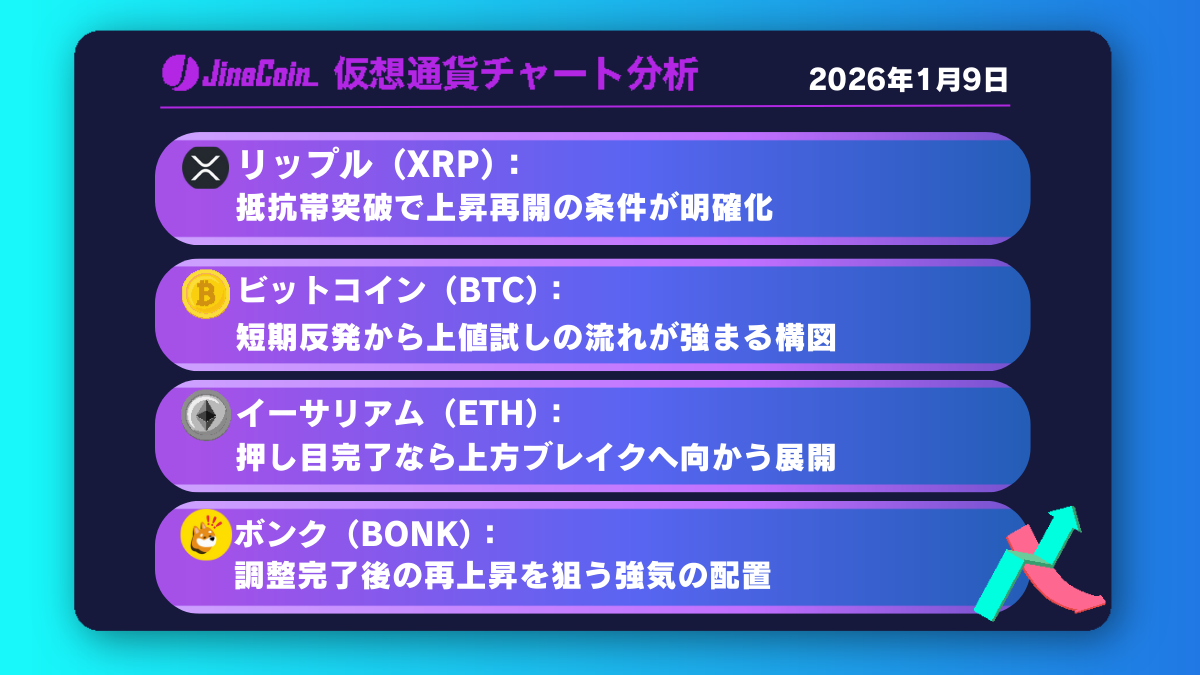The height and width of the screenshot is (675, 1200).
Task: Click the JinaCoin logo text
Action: [254, 75]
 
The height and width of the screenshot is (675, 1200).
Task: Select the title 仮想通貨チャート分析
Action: [516, 75]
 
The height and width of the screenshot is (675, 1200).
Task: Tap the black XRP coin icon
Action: [205, 166]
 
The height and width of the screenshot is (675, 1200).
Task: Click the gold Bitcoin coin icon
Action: [205, 293]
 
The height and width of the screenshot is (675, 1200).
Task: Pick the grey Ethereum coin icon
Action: [205, 415]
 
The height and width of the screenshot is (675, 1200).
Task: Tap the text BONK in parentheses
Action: [412, 535]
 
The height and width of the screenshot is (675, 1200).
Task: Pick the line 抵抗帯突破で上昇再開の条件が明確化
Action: [505, 209]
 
